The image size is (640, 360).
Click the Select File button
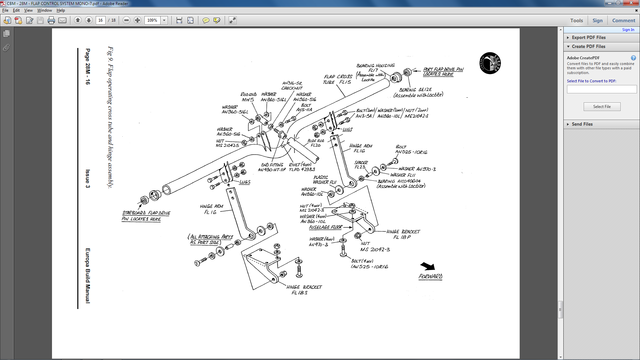[x=601, y=106]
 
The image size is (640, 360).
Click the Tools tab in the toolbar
[x=577, y=19]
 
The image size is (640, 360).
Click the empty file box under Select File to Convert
[x=601, y=90]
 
